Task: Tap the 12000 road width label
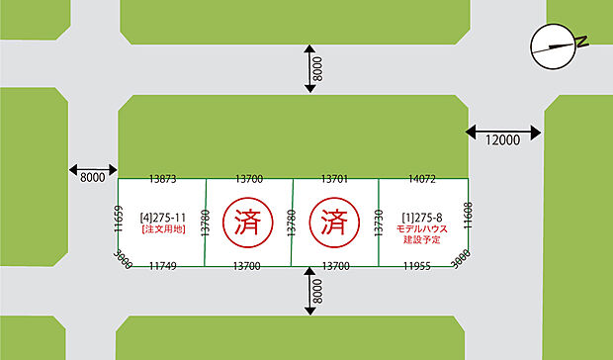click(502, 140)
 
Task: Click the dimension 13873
click(162, 179)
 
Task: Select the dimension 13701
click(335, 179)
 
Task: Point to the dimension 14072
click(422, 179)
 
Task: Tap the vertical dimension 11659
click(118, 220)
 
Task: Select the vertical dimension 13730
click(379, 222)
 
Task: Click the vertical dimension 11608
click(468, 217)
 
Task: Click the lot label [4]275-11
click(161, 215)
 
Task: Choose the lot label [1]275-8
click(421, 216)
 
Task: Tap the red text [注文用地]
click(161, 228)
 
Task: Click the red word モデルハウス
click(422, 228)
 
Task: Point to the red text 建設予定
click(422, 241)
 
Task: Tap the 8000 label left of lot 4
click(92, 178)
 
